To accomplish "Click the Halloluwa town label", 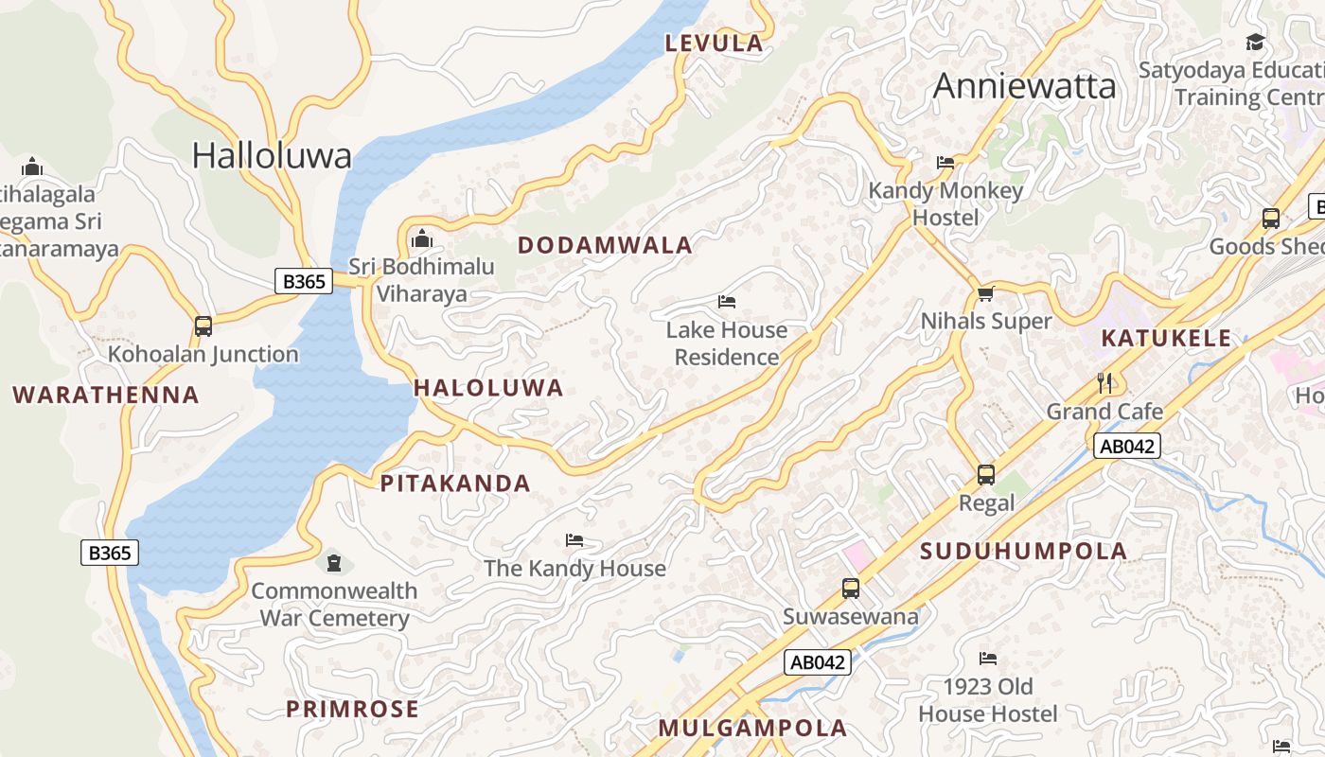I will pyautogui.click(x=272, y=155).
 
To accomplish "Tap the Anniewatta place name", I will pyautogui.click(x=1024, y=86).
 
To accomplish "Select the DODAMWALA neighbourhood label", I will pyautogui.click(x=605, y=245).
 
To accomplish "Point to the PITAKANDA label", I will pyautogui.click(x=455, y=484).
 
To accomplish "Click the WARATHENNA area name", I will pyautogui.click(x=106, y=395).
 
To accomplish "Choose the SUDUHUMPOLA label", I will pyautogui.click(x=1024, y=551).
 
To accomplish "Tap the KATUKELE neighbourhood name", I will pyautogui.click(x=1166, y=338).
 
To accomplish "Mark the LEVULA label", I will pyautogui.click(x=714, y=43).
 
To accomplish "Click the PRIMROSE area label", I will pyautogui.click(x=352, y=709).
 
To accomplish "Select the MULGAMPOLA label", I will pyautogui.click(x=752, y=728).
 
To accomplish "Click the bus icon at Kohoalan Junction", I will pyautogui.click(x=203, y=326).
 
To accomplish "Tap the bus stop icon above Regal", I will pyautogui.click(x=985, y=474).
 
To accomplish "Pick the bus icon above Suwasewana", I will pyautogui.click(x=850, y=589).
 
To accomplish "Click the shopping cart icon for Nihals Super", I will pyautogui.click(x=985, y=293).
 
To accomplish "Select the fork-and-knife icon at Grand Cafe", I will pyautogui.click(x=1104, y=382).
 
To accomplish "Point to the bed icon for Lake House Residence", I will pyautogui.click(x=727, y=302).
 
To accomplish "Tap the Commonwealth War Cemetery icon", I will pyautogui.click(x=333, y=563).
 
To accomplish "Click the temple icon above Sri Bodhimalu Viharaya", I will pyautogui.click(x=422, y=239).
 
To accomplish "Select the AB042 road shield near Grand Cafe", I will pyautogui.click(x=1126, y=447).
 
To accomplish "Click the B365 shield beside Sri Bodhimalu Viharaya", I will pyautogui.click(x=304, y=281).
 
